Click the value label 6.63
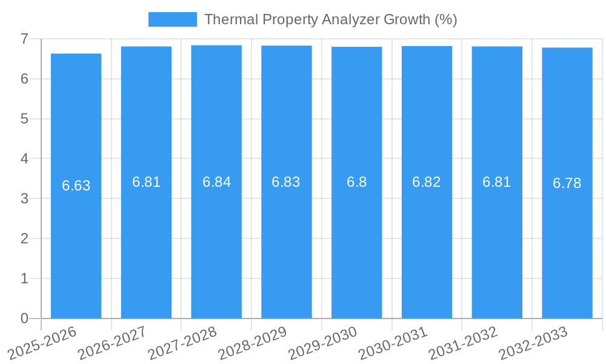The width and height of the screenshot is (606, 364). (x=76, y=186)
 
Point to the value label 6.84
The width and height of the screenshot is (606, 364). (x=216, y=182)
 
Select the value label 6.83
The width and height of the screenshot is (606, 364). (x=286, y=182)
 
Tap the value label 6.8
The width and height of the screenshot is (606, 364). (x=356, y=182)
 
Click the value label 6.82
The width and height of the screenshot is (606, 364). (x=427, y=182)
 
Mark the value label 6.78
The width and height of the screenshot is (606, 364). (x=567, y=183)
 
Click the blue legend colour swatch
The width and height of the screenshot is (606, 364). (x=173, y=19)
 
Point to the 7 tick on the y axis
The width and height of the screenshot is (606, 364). (x=24, y=39)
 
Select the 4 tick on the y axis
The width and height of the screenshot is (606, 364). (x=24, y=159)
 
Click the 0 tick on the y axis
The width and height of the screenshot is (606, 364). (x=24, y=318)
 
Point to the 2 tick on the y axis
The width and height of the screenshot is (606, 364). (x=24, y=238)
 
